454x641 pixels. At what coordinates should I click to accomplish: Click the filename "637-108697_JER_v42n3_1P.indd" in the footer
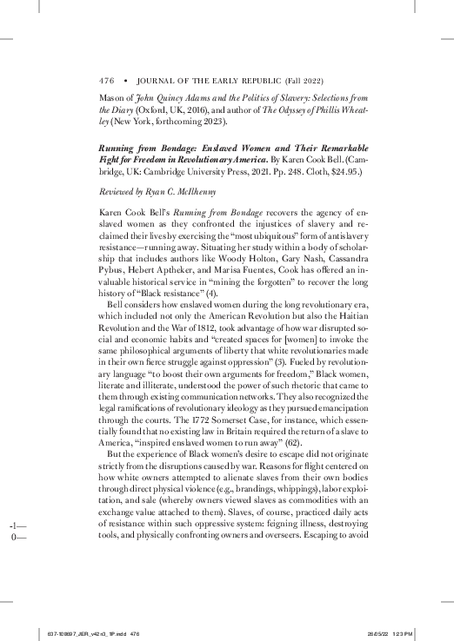pos(78,632)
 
